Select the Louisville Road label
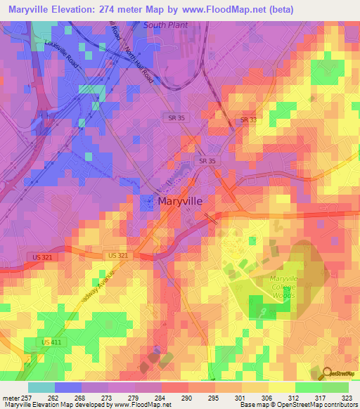point(61,53)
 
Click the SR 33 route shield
point(248,120)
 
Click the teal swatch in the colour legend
point(41,387)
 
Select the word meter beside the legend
point(10,397)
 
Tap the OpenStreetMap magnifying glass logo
point(327,373)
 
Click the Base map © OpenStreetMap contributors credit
point(298,405)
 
